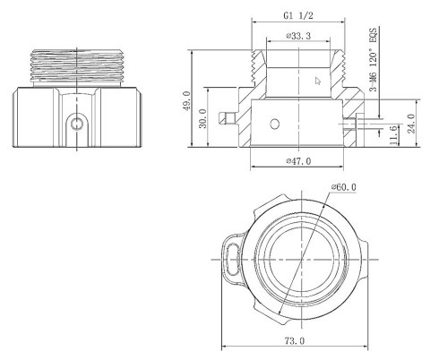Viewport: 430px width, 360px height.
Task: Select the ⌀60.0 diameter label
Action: (x=343, y=186)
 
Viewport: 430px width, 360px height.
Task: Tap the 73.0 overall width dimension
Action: (x=295, y=341)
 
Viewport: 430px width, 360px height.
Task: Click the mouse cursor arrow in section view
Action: (x=317, y=80)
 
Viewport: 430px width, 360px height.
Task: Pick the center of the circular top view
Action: (x=296, y=260)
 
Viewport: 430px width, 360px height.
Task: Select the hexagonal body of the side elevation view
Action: (x=79, y=116)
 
